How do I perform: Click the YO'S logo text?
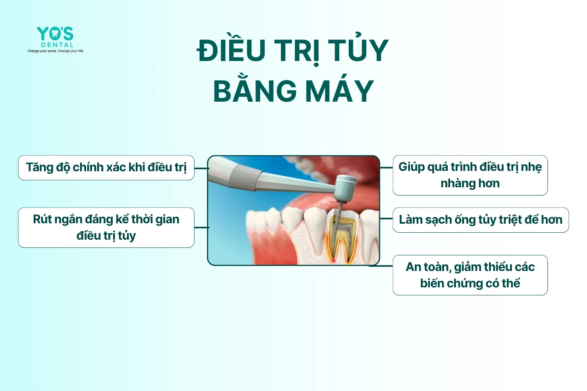pos(55,34)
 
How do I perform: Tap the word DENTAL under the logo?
pos(57,45)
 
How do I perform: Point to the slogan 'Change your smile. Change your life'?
pos(55,51)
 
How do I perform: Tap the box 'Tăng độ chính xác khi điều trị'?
pos(106,168)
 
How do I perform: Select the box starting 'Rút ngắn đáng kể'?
pos(106,228)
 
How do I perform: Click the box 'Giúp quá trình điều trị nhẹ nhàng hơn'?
pos(470,175)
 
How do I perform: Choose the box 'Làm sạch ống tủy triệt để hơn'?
pos(481,220)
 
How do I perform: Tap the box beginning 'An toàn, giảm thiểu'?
pos(470,275)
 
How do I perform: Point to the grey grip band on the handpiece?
pos(245,178)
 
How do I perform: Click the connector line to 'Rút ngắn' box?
pos(202,228)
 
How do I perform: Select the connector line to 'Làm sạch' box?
pos(386,219)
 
